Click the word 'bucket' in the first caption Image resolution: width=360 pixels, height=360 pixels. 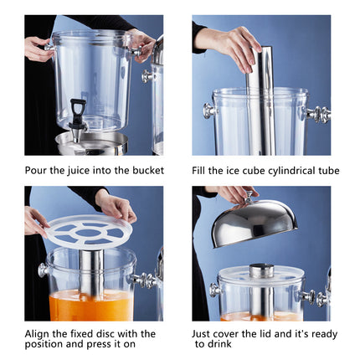[x=148, y=171]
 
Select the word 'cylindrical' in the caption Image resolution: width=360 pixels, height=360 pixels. [x=279, y=171]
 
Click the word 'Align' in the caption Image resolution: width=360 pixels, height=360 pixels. [x=39, y=333]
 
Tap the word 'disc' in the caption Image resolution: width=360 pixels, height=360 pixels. [x=116, y=333]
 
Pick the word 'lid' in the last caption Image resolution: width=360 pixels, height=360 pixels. [x=265, y=333]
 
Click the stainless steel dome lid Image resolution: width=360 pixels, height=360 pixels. [x=255, y=222]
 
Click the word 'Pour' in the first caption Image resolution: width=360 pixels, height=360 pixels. [x=38, y=171]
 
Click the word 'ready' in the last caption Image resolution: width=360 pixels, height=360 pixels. [x=321, y=333]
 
